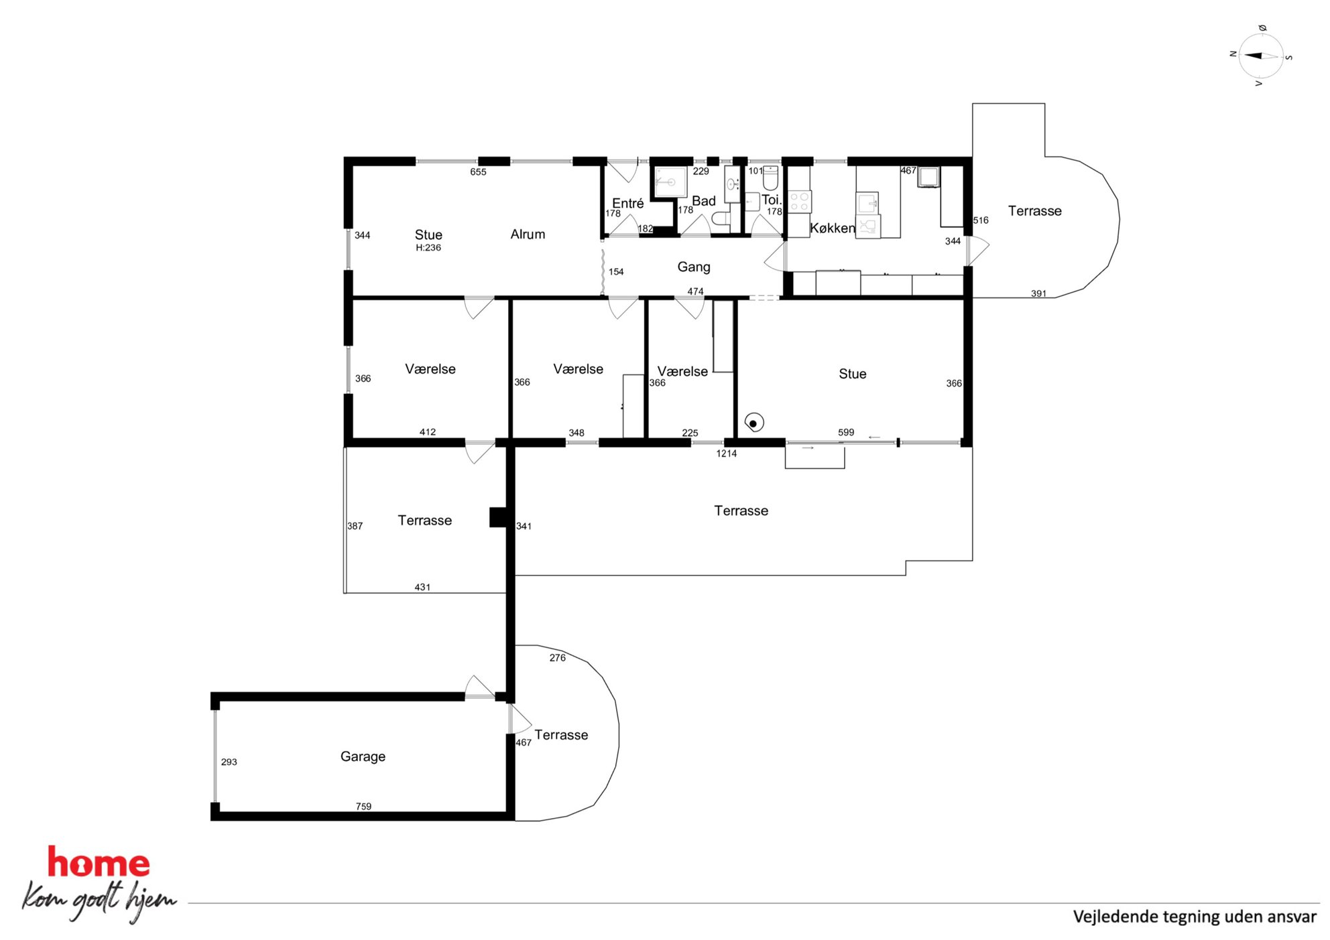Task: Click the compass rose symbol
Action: pos(1261,56)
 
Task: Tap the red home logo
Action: pos(99,863)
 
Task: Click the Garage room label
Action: pos(363,756)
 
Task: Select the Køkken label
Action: pos(833,228)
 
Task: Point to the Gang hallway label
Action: pos(694,267)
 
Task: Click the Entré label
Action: pos(627,203)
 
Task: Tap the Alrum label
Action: pos(528,234)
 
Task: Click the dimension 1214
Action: pos(726,454)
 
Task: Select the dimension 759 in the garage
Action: pos(363,806)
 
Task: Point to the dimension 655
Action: pos(478,172)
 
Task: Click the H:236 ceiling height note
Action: pos(428,248)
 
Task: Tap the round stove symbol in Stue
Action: pos(753,423)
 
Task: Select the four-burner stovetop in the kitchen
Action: pos(799,202)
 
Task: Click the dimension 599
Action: pos(846,432)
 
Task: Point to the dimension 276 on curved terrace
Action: pos(558,658)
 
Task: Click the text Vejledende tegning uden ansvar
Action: pos(1195,917)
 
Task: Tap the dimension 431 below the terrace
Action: pos(422,587)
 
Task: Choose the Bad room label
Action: pos(704,201)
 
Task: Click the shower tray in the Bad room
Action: pos(670,182)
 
